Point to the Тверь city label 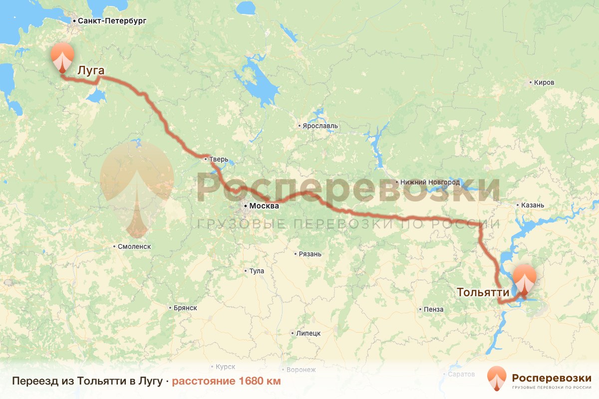pyautogui.click(x=219, y=160)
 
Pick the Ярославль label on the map pyautogui.click(x=320, y=126)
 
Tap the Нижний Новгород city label pyautogui.click(x=430, y=183)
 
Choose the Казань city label pyautogui.click(x=533, y=205)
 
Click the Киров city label pyautogui.click(x=544, y=82)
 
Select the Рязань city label pyautogui.click(x=310, y=254)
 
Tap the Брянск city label pyautogui.click(x=185, y=308)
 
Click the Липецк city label pyautogui.click(x=308, y=333)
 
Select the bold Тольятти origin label pyautogui.click(x=483, y=293)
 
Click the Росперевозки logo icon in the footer pyautogui.click(x=497, y=379)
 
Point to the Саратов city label pyautogui.click(x=462, y=374)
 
